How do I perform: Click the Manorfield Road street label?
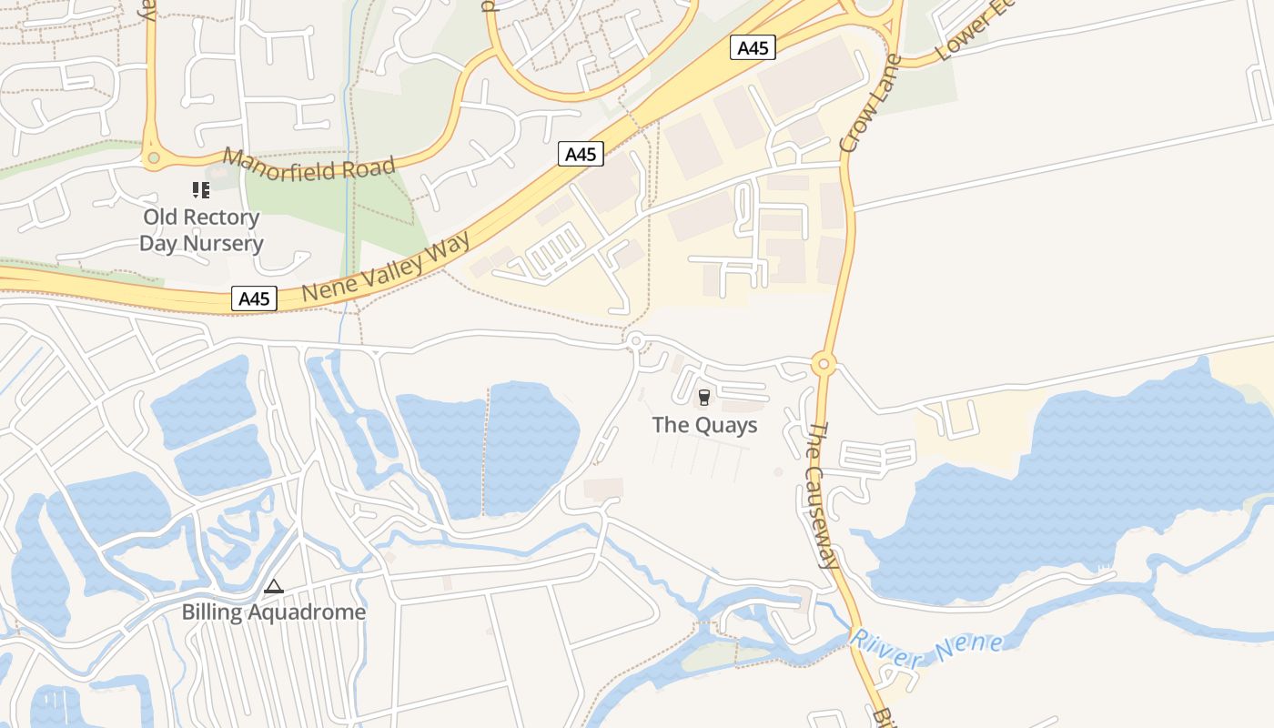pos(309,167)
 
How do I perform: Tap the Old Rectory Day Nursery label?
pos(201,230)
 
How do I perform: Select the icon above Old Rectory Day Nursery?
pos(200,190)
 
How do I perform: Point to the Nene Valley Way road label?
pos(386,266)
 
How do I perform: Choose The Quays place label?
pos(704,425)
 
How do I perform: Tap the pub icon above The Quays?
pos(703,397)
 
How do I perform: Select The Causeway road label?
pos(823,495)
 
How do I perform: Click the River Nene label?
pos(926,648)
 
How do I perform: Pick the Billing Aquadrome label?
pos(274,612)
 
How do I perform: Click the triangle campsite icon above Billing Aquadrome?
pos(274,587)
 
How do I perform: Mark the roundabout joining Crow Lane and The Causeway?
pos(824,364)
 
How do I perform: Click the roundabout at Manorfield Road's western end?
pos(153,158)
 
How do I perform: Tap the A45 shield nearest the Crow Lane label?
pos(753,47)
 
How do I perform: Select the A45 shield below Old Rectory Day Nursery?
pos(254,298)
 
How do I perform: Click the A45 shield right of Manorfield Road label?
pos(581,154)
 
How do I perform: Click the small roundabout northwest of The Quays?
pos(635,341)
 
